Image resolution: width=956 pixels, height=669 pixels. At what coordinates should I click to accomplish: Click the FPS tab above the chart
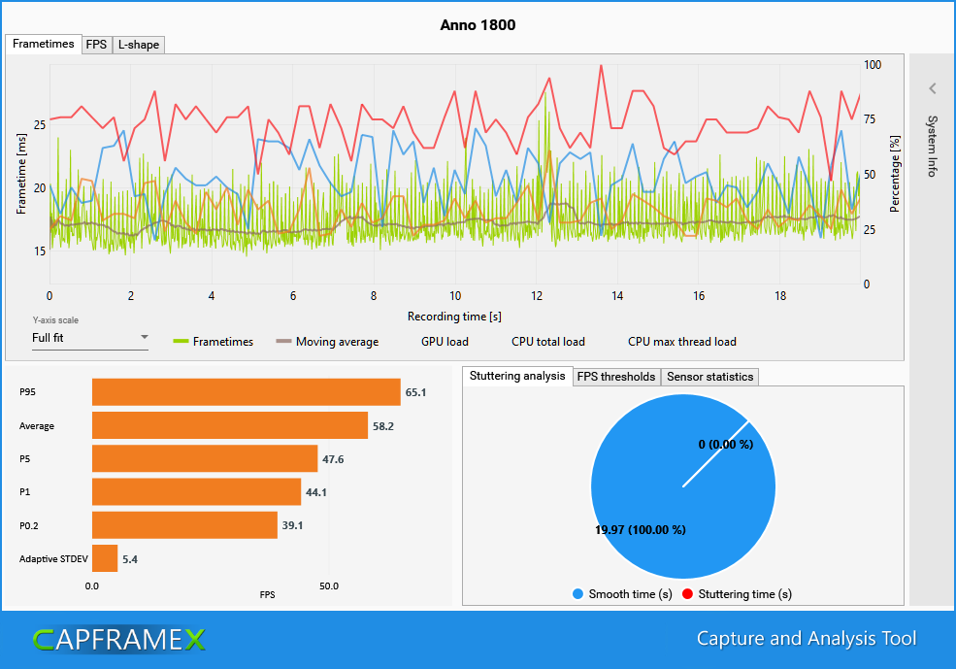(x=96, y=45)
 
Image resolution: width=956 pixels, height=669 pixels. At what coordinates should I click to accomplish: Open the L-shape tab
(x=138, y=45)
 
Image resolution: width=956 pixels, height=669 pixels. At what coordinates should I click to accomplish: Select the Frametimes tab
(x=44, y=45)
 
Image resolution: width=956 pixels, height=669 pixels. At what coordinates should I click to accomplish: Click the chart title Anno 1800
(x=478, y=24)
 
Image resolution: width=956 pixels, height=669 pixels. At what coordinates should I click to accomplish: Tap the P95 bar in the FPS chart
(x=246, y=392)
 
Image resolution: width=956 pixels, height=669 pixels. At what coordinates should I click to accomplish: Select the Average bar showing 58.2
(x=229, y=425)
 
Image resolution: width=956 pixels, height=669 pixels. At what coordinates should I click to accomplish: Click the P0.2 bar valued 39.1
(x=184, y=525)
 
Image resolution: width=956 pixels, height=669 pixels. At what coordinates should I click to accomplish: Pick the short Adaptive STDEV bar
(x=105, y=558)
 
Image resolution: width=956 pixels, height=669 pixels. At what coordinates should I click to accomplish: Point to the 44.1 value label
(x=316, y=492)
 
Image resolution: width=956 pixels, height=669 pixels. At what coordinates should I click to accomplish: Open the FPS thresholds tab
(x=616, y=377)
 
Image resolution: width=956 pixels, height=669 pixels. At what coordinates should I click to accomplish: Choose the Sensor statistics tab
(x=709, y=377)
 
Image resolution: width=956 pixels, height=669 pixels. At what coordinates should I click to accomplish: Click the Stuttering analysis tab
(x=516, y=376)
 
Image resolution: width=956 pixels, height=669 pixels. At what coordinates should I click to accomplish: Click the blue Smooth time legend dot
(x=577, y=594)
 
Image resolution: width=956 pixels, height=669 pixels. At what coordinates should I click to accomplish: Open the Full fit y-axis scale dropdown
(x=89, y=338)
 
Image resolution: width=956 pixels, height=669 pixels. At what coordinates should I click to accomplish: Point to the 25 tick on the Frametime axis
(x=39, y=124)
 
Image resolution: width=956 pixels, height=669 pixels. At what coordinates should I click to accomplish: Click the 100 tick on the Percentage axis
(x=873, y=64)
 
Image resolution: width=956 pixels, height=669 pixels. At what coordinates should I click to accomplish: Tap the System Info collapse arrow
(x=932, y=88)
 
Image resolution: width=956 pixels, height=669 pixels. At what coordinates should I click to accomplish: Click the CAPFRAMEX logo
(x=118, y=639)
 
